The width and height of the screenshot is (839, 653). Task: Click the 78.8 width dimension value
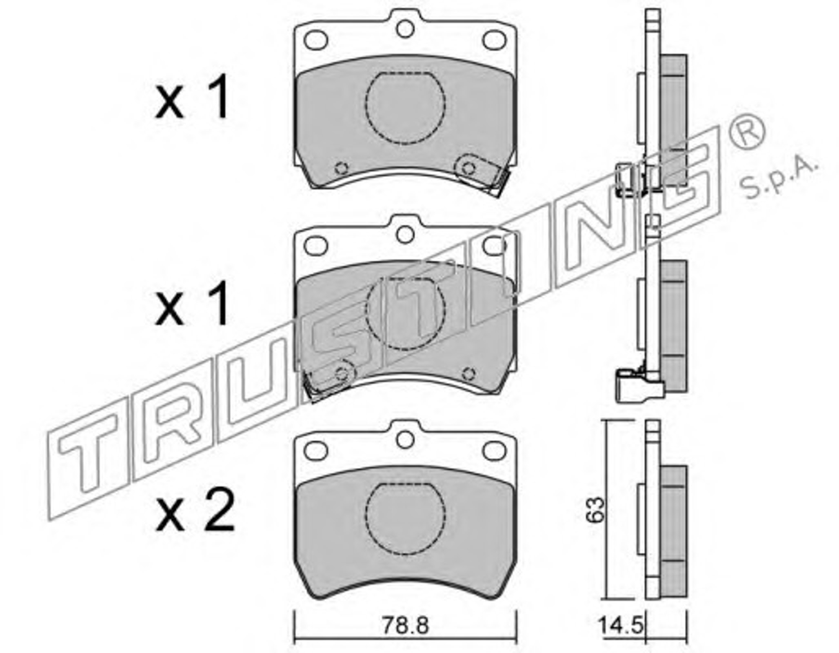[x=405, y=626]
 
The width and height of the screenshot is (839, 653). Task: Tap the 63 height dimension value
[x=595, y=510]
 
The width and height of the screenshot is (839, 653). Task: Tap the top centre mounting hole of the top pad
[x=405, y=29]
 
